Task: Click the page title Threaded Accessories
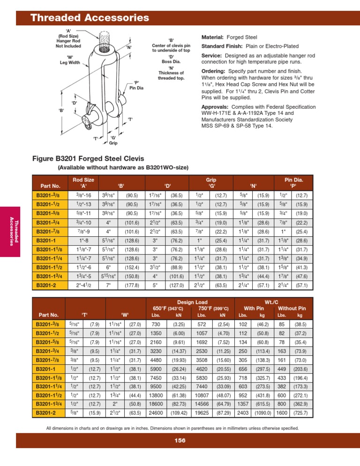(x=90, y=18)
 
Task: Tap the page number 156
(x=180, y=453)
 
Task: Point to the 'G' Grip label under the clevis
(x=113, y=140)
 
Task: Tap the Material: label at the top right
(x=212, y=37)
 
